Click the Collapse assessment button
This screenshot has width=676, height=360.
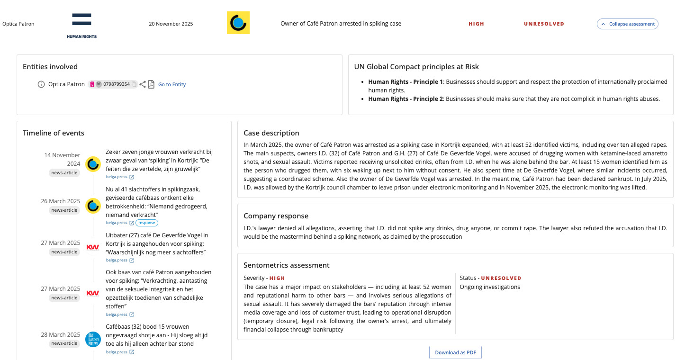tap(627, 24)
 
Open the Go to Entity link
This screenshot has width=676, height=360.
tap(172, 84)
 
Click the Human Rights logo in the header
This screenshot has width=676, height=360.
tap(81, 26)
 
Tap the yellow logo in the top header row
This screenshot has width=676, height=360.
tap(238, 23)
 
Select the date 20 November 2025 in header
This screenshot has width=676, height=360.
tap(171, 24)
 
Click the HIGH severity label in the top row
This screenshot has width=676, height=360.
tap(476, 24)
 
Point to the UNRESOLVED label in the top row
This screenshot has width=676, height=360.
tap(544, 24)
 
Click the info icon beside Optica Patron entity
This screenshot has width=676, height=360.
tap(41, 84)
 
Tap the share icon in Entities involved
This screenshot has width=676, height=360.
tap(143, 84)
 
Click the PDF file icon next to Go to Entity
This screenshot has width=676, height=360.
tap(151, 84)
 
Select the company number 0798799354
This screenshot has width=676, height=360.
tap(117, 84)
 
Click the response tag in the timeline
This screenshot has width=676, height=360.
tap(147, 223)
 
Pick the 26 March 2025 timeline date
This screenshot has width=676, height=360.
tap(61, 201)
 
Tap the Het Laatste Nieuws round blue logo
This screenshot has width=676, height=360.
tap(93, 339)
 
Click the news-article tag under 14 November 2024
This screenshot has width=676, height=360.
tap(64, 173)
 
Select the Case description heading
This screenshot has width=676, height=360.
tap(271, 133)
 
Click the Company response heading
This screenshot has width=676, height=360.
tap(276, 216)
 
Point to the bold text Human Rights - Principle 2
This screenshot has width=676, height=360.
tap(406, 99)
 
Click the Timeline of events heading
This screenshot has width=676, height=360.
tap(54, 133)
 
